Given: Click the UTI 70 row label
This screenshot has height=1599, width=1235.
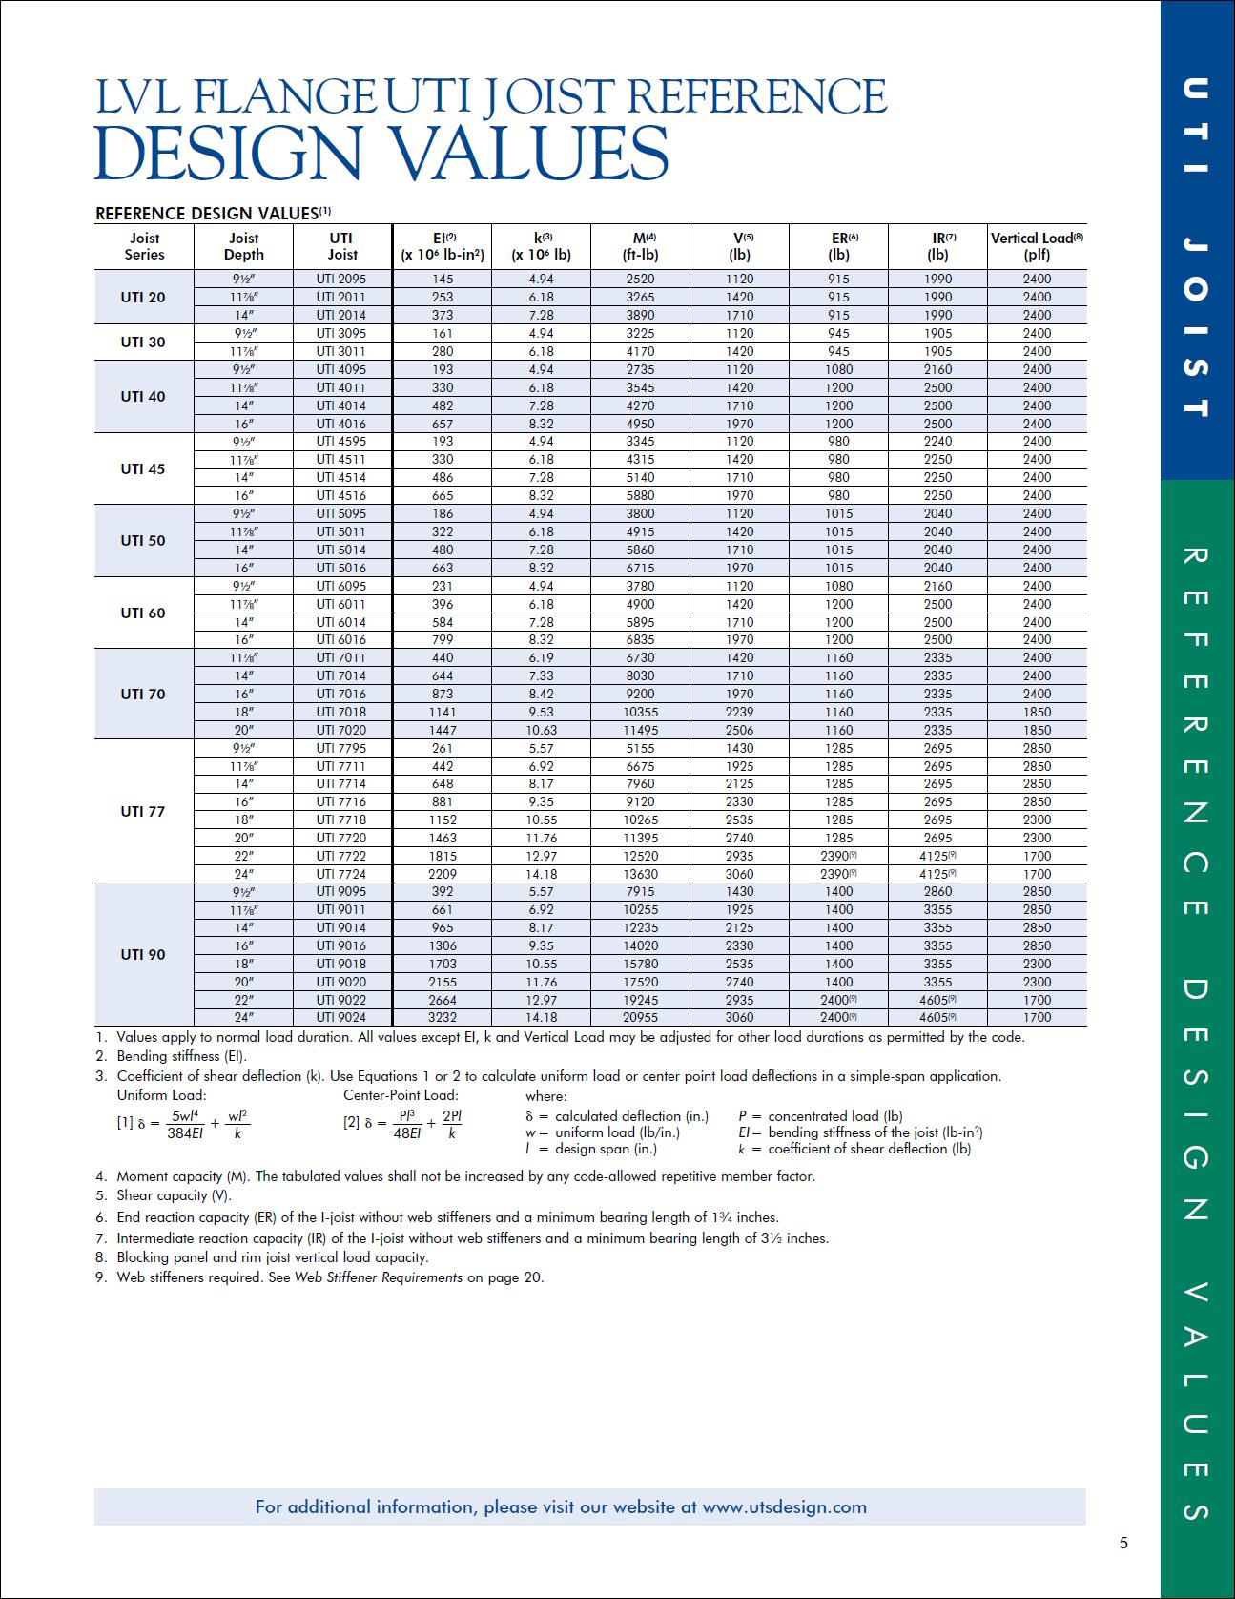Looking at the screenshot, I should tap(143, 694).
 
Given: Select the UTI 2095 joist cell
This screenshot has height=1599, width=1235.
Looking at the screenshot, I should tap(341, 279).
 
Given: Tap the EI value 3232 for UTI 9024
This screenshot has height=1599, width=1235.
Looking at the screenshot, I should tap(443, 1017).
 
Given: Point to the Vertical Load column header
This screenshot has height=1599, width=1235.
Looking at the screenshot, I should tap(1037, 246).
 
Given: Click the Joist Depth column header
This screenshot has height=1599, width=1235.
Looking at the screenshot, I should tap(243, 246).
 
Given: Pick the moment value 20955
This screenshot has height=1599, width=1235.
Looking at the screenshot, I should tap(640, 1017).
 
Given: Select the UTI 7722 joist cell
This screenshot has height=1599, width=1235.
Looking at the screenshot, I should tap(341, 856).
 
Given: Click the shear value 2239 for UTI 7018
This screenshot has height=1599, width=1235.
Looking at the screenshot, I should tap(739, 712).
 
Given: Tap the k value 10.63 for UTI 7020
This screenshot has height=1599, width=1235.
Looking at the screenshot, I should tap(541, 730).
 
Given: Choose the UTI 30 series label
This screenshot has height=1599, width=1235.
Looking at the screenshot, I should tap(143, 342).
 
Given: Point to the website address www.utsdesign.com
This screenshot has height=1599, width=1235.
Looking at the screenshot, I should tap(784, 1507).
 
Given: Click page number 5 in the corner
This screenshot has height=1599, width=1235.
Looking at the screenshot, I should tap(1123, 1543).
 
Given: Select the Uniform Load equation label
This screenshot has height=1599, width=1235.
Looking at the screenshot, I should tap(161, 1095).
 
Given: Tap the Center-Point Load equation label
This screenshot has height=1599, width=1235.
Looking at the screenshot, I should tap(401, 1095).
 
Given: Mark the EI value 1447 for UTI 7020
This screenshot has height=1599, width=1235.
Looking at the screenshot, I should tap(443, 730).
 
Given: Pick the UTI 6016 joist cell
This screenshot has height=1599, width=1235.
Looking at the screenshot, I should tap(341, 639).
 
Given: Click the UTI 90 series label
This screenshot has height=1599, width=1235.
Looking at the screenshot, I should tap(143, 954).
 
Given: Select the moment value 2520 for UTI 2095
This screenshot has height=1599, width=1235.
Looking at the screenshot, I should tap(640, 279).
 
